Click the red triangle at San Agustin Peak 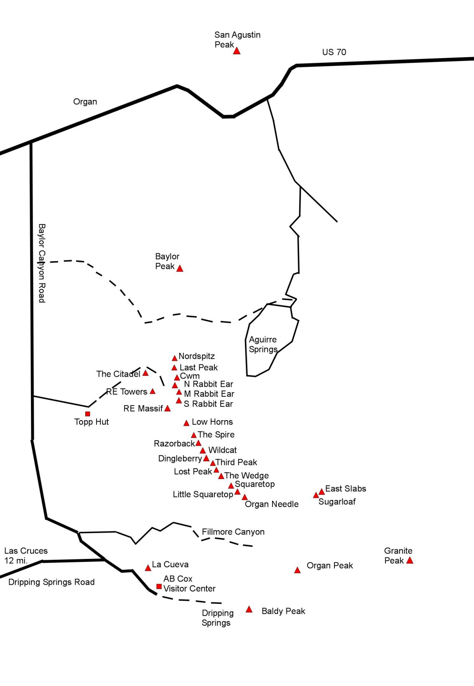pyautogui.click(x=237, y=51)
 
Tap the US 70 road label pyautogui.click(x=334, y=52)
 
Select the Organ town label pyautogui.click(x=85, y=102)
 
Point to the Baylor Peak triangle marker pyautogui.click(x=180, y=268)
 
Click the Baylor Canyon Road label pyautogui.click(x=42, y=263)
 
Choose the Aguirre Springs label pyautogui.click(x=263, y=344)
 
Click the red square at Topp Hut pyautogui.click(x=88, y=414)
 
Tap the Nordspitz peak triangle pyautogui.click(x=175, y=358)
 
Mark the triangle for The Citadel pyautogui.click(x=145, y=373)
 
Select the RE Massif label pyautogui.click(x=143, y=408)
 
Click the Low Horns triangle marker pyautogui.click(x=186, y=423)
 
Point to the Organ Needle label pyautogui.click(x=272, y=504)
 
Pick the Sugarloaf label pyautogui.click(x=337, y=502)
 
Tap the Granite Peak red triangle pyautogui.click(x=410, y=561)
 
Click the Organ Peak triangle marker pyautogui.click(x=297, y=570)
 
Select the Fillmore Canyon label pyautogui.click(x=233, y=532)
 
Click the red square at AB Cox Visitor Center pyautogui.click(x=159, y=587)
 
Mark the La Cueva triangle pyautogui.click(x=148, y=568)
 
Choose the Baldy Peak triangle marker pyautogui.click(x=249, y=609)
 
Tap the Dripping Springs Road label pyautogui.click(x=51, y=582)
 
